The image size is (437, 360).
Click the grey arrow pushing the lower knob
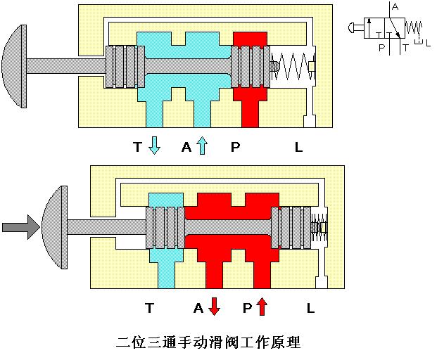click(15, 227)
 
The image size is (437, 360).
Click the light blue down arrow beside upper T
click(155, 145)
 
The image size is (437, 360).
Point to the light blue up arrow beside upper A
click(202, 146)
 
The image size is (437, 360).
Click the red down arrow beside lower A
click(214, 307)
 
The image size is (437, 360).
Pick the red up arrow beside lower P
click(262, 307)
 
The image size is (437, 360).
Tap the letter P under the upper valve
click(234, 147)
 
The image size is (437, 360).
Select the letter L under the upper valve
click(298, 147)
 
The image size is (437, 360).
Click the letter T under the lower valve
click(149, 307)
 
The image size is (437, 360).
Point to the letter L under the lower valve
click(310, 307)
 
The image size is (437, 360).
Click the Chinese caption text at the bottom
click(208, 343)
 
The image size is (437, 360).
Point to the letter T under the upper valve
click(138, 147)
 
